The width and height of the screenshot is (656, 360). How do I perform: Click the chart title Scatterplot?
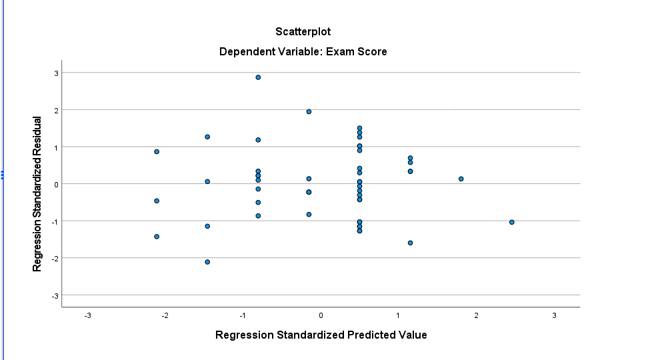click(303, 31)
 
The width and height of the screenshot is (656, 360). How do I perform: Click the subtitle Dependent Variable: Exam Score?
click(303, 51)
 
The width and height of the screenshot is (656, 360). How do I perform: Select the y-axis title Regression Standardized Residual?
click(38, 194)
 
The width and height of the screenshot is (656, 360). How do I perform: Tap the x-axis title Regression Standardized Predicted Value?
click(321, 335)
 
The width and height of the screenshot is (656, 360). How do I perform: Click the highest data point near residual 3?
click(258, 77)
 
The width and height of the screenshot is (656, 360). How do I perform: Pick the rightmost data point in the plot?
click(511, 222)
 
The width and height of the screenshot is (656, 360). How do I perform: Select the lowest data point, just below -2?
click(207, 262)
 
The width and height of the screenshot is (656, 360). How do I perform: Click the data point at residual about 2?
click(309, 111)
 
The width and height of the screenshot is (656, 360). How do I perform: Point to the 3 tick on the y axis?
click(57, 73)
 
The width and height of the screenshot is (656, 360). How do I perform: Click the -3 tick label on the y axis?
click(55, 295)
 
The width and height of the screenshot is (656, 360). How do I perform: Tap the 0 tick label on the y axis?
click(57, 184)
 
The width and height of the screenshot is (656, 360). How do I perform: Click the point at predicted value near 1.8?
click(461, 179)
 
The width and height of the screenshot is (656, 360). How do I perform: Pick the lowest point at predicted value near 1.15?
click(410, 243)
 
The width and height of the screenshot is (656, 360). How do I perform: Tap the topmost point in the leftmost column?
click(157, 151)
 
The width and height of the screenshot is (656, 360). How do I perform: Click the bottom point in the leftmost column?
click(157, 237)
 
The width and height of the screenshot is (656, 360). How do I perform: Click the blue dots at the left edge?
click(3, 175)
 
